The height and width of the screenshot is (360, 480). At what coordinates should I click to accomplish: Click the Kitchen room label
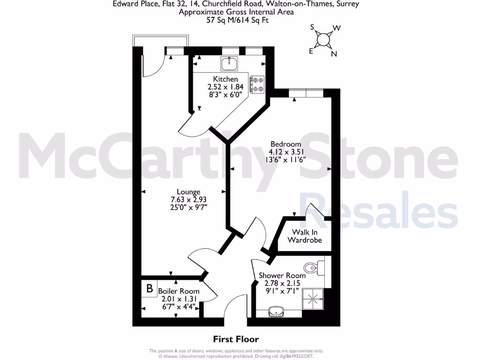tap(225, 79)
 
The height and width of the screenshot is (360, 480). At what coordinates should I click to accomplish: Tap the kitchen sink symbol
tap(230, 62)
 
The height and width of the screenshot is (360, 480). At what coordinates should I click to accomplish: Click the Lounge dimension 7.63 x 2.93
tap(188, 200)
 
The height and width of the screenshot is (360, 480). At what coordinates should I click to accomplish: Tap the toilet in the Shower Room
tap(311, 268)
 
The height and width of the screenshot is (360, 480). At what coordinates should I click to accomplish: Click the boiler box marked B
tap(150, 289)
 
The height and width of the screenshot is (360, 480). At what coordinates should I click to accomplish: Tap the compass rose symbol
tap(323, 40)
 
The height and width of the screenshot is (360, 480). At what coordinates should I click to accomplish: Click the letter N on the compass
tap(334, 53)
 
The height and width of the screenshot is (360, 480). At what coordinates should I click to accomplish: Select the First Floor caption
tap(236, 339)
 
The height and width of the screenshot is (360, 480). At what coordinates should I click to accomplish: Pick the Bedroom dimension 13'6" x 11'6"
tap(285, 160)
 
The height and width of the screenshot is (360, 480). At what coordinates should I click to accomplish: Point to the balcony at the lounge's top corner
tap(161, 41)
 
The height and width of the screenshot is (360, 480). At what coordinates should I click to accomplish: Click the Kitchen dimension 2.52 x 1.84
tap(225, 87)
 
